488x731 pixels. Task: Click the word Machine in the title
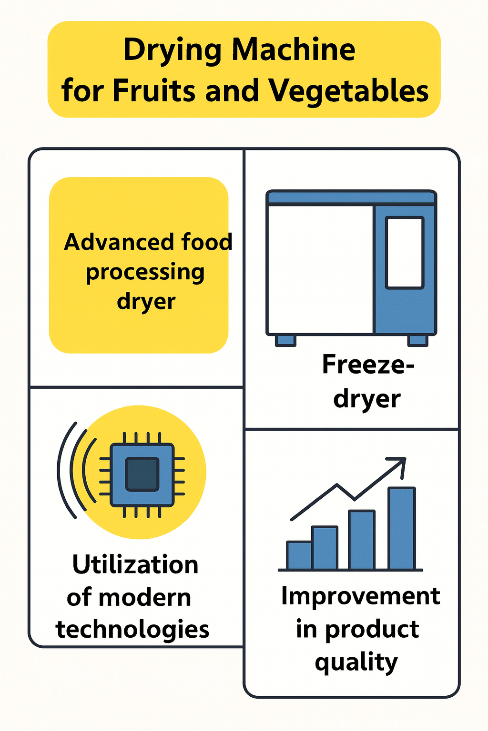(294, 49)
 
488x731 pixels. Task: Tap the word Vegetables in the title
(348, 90)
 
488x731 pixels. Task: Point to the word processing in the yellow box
(145, 272)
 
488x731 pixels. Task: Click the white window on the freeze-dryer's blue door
(405, 253)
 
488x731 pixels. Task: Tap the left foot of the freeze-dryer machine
(286, 340)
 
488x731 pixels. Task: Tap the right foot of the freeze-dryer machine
(418, 340)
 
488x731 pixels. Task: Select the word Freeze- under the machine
(368, 365)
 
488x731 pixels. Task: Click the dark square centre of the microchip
(142, 474)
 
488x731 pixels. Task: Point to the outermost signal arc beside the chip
(65, 469)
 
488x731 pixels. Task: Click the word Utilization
(135, 565)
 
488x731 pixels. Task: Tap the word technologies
(132, 629)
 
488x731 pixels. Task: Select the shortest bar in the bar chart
(299, 555)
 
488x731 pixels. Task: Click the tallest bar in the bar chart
(402, 528)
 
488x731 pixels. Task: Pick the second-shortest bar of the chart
(325, 548)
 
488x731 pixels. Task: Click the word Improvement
(360, 596)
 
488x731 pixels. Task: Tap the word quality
(356, 662)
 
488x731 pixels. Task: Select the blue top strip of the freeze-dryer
(351, 197)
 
